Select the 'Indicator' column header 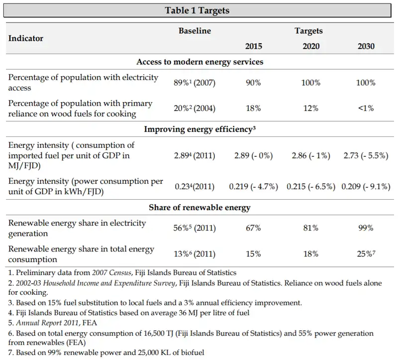[x=26, y=38]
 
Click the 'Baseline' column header [x=195, y=31]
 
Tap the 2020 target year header [x=311, y=46]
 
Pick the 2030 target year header [x=366, y=46]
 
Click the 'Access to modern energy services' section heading [x=199, y=62]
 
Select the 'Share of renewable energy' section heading [x=199, y=207]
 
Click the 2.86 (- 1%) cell [x=310, y=156]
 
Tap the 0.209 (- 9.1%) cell [x=366, y=187]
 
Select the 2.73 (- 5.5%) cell [x=366, y=156]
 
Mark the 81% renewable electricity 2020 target [x=310, y=228]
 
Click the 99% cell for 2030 [x=366, y=228]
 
